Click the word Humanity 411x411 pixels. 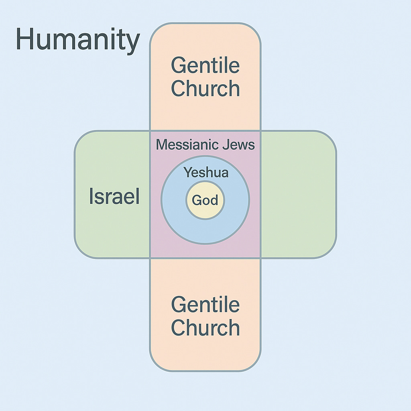coord(77,40)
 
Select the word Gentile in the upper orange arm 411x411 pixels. coord(205,66)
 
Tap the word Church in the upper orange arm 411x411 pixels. coord(205,88)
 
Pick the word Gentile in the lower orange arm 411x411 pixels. coord(205,305)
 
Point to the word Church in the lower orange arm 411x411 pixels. coord(205,328)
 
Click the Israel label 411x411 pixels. coord(114,197)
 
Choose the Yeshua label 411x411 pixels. coord(206,173)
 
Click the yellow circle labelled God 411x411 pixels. coord(205,200)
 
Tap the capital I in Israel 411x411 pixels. coord(91,197)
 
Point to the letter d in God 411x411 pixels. coord(214,199)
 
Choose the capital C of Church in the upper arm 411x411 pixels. coord(179,88)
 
